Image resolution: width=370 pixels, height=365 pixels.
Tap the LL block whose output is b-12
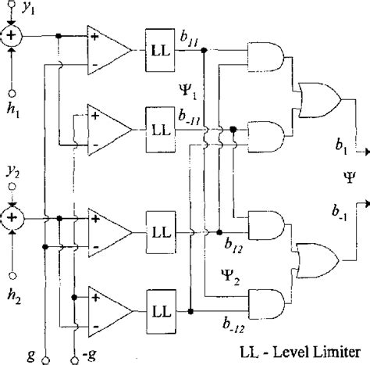coord(163,311)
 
